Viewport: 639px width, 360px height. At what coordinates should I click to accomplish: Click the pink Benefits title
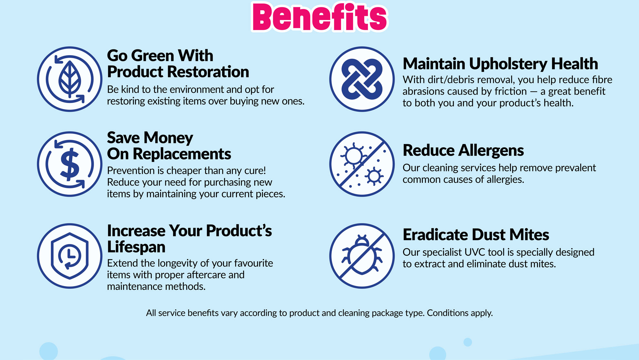(x=319, y=17)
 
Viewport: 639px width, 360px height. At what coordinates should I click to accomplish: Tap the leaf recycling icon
(x=70, y=79)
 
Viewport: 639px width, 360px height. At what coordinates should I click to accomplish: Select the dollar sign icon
(x=70, y=164)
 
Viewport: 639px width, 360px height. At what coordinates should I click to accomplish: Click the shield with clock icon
(x=70, y=256)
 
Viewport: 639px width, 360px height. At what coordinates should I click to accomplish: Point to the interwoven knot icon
(x=362, y=79)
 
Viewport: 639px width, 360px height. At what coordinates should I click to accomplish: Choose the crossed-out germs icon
(x=362, y=164)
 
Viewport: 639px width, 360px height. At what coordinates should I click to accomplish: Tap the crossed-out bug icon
(x=362, y=256)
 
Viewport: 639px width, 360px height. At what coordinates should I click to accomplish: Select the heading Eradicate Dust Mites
(x=476, y=235)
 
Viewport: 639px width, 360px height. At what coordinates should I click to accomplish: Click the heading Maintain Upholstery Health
(x=500, y=64)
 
